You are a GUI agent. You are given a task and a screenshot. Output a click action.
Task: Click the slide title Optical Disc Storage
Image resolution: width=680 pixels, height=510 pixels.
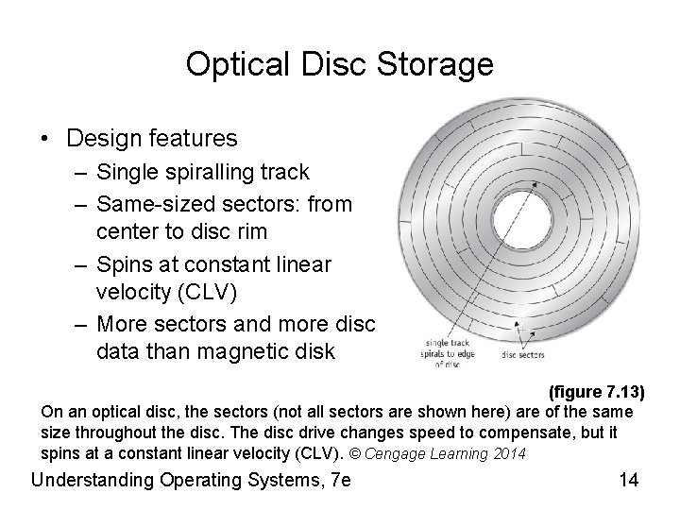339,64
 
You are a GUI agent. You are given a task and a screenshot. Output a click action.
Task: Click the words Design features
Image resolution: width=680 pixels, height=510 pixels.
152,139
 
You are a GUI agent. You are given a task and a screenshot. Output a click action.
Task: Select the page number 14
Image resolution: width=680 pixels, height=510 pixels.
629,479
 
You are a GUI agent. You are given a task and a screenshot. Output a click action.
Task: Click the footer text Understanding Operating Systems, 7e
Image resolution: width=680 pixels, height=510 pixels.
191,479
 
